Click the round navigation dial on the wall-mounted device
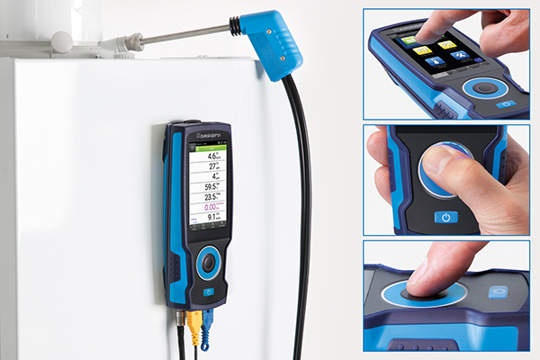pyautogui.click(x=208, y=263)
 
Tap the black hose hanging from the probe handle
pyautogui.click(x=298, y=180)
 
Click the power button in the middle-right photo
pyautogui.click(x=445, y=218)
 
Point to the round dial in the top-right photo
pyautogui.click(x=490, y=88)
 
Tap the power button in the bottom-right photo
pyautogui.click(x=499, y=292)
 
